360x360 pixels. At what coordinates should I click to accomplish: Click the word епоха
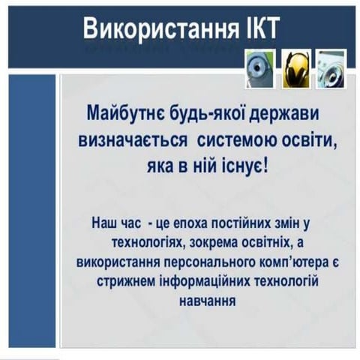193,223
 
